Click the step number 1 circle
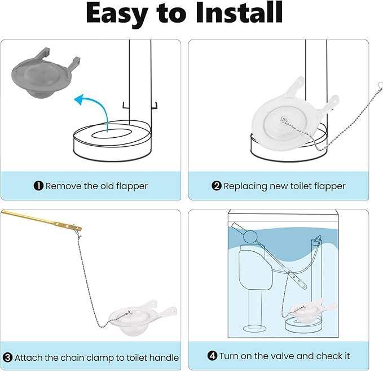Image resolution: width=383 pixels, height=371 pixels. coord(38,186)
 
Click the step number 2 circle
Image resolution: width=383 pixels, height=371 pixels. coord(217,186)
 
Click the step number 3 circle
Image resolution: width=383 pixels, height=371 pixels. coord(7,357)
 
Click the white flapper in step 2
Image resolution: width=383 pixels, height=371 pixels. coord(279,119)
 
